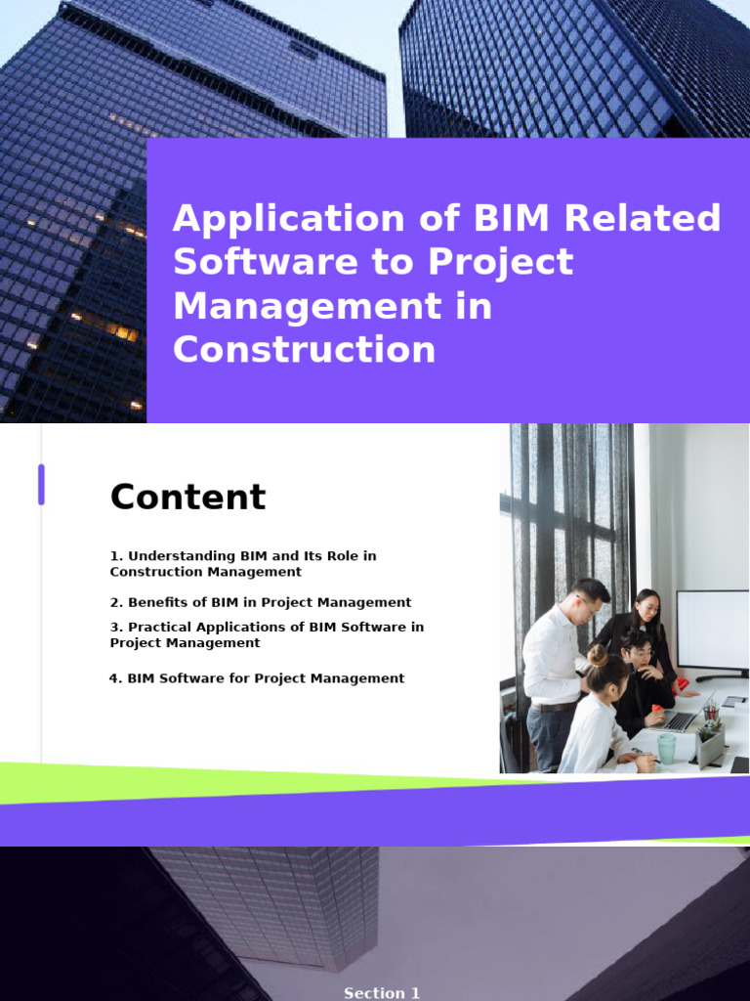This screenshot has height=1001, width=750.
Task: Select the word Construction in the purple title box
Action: tap(304, 350)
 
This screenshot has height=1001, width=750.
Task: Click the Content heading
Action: tap(187, 497)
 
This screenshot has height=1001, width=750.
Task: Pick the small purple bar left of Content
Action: tap(41, 485)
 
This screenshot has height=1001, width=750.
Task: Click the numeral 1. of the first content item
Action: tap(116, 556)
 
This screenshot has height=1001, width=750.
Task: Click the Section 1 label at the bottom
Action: tap(382, 993)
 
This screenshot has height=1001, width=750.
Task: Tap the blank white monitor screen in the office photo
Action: tap(712, 629)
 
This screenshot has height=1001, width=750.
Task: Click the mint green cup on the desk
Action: tap(666, 748)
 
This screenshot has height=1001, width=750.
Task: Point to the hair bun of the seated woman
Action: tap(598, 655)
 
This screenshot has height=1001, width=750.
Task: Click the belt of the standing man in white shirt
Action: tap(553, 706)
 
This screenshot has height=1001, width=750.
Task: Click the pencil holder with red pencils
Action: tap(711, 714)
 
